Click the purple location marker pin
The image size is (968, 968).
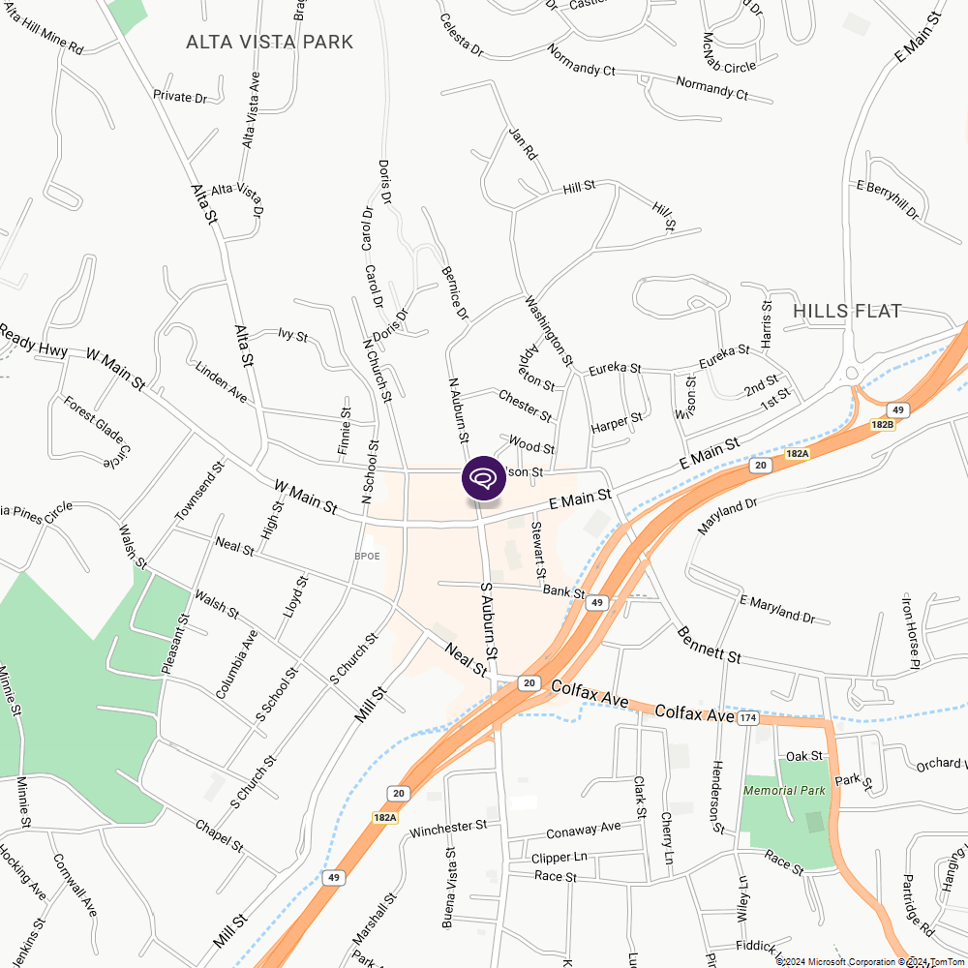tap(484, 478)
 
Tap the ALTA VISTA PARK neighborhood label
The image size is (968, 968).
tap(269, 43)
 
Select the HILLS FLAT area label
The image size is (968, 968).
tap(847, 311)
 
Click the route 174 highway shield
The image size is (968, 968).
tap(746, 718)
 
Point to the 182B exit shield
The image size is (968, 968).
tap(882, 424)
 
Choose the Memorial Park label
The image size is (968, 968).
tap(784, 790)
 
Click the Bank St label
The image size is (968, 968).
tap(564, 590)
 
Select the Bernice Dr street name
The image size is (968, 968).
tap(455, 294)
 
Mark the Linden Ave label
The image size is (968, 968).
tap(222, 383)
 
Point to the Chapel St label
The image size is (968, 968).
tap(219, 837)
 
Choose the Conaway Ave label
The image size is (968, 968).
tap(583, 831)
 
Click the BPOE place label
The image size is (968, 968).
tap(367, 557)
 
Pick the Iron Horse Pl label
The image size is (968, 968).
tap(910, 630)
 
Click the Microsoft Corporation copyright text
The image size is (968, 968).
tap(837, 961)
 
